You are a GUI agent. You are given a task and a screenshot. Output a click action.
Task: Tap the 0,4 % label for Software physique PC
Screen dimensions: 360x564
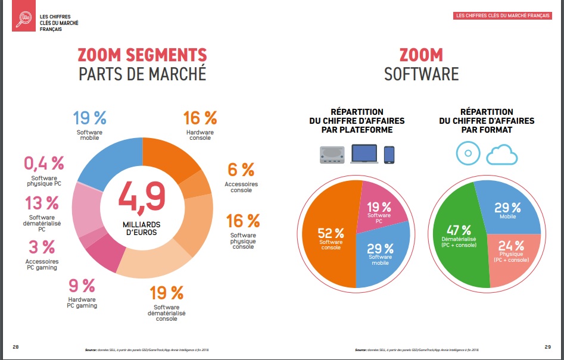click(x=43, y=163)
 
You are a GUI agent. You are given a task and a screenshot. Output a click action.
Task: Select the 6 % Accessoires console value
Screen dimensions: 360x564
click(x=241, y=170)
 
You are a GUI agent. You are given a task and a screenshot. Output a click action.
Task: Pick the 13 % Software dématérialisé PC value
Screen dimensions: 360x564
click(x=42, y=203)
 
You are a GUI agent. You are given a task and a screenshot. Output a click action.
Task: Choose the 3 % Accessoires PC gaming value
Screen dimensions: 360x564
click(x=41, y=247)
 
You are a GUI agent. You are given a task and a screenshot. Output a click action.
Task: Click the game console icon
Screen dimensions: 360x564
click(x=329, y=155)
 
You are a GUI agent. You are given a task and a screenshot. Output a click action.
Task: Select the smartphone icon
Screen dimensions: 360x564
click(x=389, y=155)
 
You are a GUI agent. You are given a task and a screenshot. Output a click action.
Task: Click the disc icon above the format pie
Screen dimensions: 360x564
click(x=468, y=153)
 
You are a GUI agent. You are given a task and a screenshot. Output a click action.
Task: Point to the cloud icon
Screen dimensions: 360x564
click(x=502, y=154)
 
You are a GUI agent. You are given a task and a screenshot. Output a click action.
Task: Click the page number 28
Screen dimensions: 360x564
click(x=16, y=346)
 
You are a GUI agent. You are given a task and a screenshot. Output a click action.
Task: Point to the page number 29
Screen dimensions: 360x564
click(x=547, y=346)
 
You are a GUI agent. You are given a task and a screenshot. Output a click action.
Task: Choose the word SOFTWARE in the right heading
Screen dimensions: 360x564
click(x=421, y=74)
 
